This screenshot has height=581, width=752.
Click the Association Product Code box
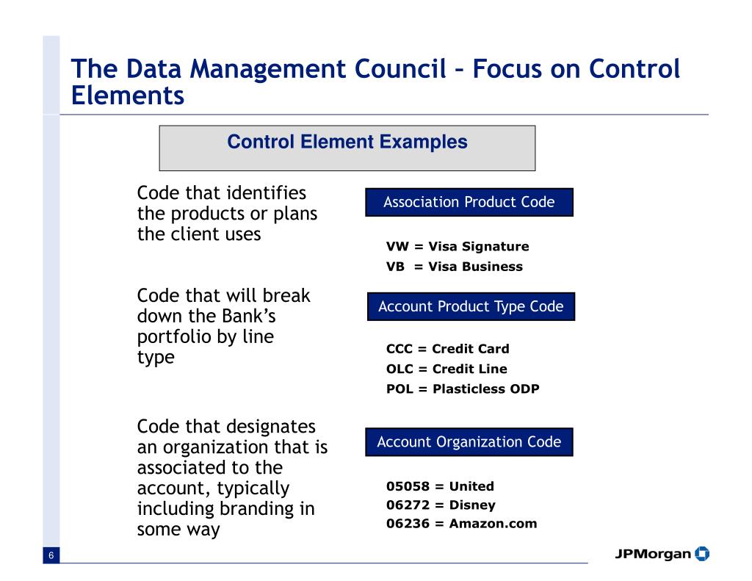(x=469, y=202)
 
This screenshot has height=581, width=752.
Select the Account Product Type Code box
(x=471, y=306)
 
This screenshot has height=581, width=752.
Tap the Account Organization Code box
(x=469, y=442)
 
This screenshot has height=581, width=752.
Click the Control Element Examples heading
(x=347, y=142)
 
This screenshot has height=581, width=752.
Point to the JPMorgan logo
(x=662, y=553)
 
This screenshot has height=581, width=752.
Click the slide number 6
(x=51, y=556)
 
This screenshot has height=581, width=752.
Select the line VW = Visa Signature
(x=457, y=247)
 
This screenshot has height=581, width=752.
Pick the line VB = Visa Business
(x=454, y=267)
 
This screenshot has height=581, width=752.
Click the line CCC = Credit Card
(x=447, y=349)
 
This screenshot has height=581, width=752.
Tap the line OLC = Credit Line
(x=446, y=369)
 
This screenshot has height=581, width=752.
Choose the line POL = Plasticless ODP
(x=463, y=389)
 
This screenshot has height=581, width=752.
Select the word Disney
(x=472, y=505)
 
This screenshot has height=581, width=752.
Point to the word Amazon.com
(x=493, y=524)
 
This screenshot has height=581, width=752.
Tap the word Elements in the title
(x=127, y=95)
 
